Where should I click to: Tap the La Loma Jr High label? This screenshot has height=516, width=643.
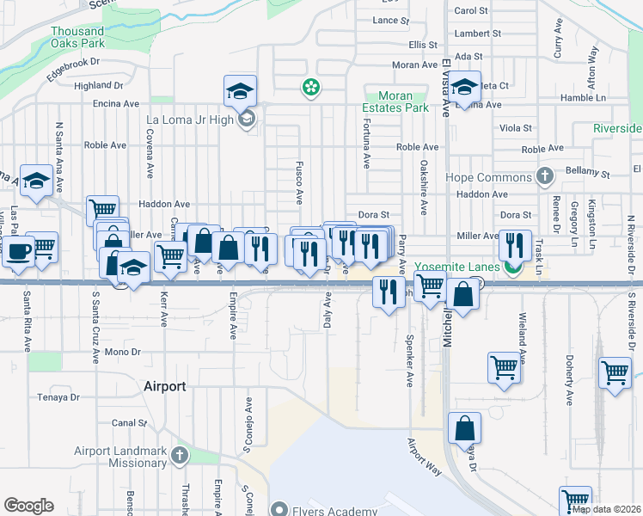(x=190, y=120)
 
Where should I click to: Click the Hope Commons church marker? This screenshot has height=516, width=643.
(x=543, y=177)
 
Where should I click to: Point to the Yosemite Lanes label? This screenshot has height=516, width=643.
(x=458, y=267)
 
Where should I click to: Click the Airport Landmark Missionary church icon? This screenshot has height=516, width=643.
(x=179, y=453)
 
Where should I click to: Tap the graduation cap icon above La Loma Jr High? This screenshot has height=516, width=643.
(x=240, y=90)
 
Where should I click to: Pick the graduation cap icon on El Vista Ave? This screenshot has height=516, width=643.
(x=464, y=88)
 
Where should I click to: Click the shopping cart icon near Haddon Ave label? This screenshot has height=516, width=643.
(x=102, y=209)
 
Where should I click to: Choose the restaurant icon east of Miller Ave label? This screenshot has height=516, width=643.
(x=515, y=244)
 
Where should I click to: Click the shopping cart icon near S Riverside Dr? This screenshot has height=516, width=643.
(x=615, y=373)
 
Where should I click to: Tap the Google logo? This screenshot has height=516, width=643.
(x=28, y=506)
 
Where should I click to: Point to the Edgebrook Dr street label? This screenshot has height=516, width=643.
(x=74, y=68)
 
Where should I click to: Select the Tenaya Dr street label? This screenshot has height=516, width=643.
(x=58, y=397)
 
